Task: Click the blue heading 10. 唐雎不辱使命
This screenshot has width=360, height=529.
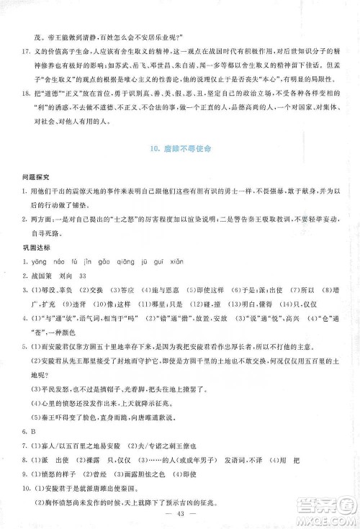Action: click(180, 168)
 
